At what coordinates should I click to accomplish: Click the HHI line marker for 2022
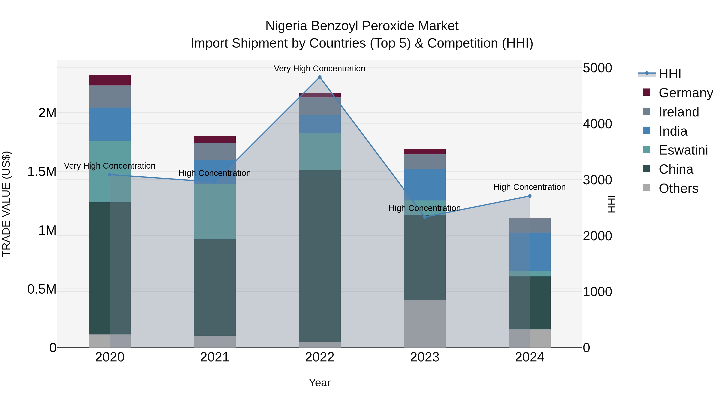(320, 77)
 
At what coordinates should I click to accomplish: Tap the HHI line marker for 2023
(425, 217)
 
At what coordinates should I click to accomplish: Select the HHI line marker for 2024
(530, 196)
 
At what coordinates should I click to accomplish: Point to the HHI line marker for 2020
(110, 174)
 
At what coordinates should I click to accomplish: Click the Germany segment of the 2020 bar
(110, 80)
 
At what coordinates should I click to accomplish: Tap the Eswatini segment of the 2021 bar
(215, 212)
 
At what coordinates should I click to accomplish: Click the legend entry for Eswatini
(683, 150)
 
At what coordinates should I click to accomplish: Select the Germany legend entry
(686, 93)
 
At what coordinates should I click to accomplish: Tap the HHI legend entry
(670, 74)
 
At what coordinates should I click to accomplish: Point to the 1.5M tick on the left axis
(42, 171)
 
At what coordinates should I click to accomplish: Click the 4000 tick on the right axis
(598, 124)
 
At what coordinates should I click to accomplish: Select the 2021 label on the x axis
(215, 357)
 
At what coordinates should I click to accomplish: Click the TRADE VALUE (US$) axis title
(6, 204)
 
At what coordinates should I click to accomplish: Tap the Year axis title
(320, 383)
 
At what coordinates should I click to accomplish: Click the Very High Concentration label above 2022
(320, 69)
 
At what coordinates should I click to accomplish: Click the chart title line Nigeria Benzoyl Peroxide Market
(362, 26)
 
